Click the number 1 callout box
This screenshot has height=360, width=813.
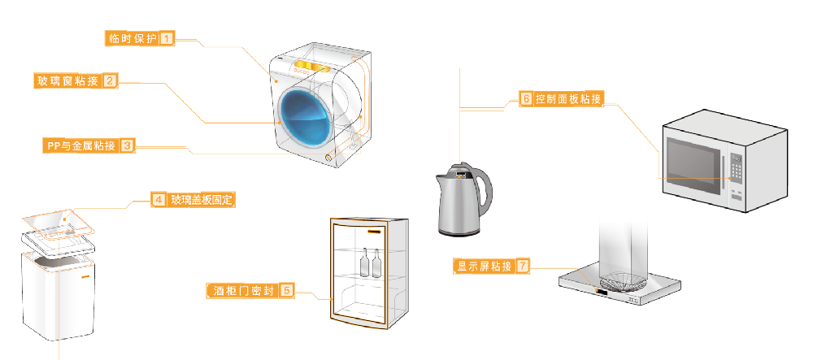[x=167, y=38]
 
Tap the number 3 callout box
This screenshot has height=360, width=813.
[x=128, y=146]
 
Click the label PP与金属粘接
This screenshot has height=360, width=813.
[x=80, y=146]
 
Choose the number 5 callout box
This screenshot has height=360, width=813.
[x=286, y=289]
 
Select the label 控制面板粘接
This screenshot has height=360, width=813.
[x=568, y=99]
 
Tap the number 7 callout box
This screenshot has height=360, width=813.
[x=523, y=266]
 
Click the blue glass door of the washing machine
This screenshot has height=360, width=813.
[x=305, y=118]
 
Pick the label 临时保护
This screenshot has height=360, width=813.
[x=132, y=38]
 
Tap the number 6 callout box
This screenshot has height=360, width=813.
[x=526, y=99]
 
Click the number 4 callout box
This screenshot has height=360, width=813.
[x=159, y=199]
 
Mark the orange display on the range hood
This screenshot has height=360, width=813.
[x=599, y=290]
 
